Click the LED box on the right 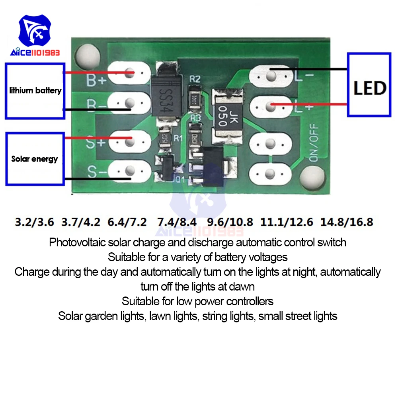(x=369, y=84)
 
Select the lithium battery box (x=35, y=91)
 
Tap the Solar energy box (x=35, y=159)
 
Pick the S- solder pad (x=129, y=172)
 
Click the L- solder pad (x=271, y=75)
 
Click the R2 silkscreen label (x=195, y=79)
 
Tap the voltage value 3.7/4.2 (x=81, y=222)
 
